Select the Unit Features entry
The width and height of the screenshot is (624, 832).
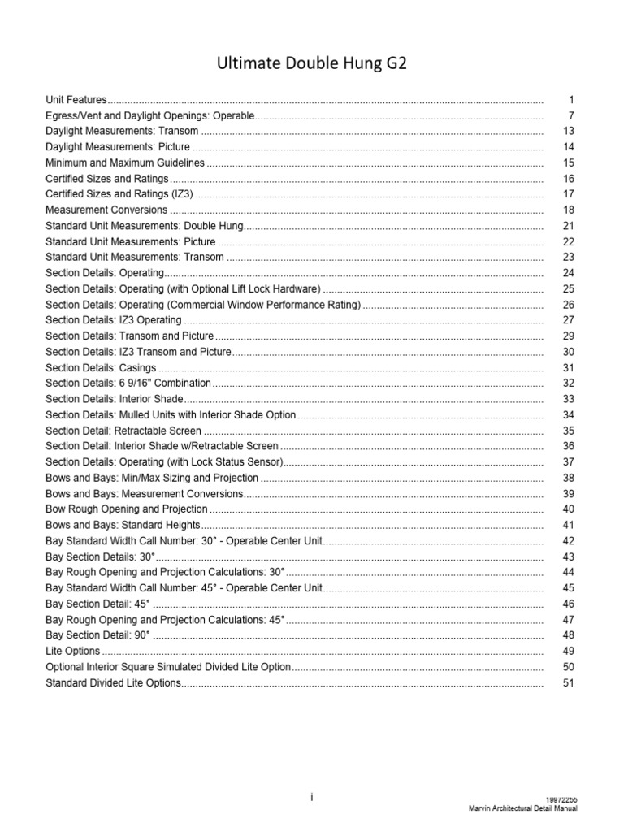pyautogui.click(x=76, y=99)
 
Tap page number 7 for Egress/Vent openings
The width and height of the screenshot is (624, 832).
pyautogui.click(x=571, y=115)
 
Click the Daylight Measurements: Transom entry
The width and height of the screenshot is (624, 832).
pyautogui.click(x=122, y=131)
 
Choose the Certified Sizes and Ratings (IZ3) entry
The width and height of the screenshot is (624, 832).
pyautogui.click(x=120, y=194)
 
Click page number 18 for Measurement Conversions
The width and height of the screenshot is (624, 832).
pyautogui.click(x=568, y=210)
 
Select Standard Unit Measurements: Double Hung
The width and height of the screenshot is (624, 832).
pyautogui.click(x=145, y=225)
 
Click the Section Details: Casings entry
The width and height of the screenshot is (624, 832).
pyautogui.click(x=102, y=367)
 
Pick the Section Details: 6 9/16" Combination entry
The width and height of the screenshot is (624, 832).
pyautogui.click(x=128, y=383)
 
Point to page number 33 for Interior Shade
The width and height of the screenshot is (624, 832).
pyautogui.click(x=568, y=399)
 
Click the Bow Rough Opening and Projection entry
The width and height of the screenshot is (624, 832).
pyautogui.click(x=127, y=509)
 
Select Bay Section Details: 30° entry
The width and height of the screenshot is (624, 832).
pyautogui.click(x=100, y=557)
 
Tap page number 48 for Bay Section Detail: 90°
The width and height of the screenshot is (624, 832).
pyautogui.click(x=568, y=635)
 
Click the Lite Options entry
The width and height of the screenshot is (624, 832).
pyautogui.click(x=73, y=651)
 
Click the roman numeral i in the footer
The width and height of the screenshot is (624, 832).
pyautogui.click(x=311, y=799)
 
